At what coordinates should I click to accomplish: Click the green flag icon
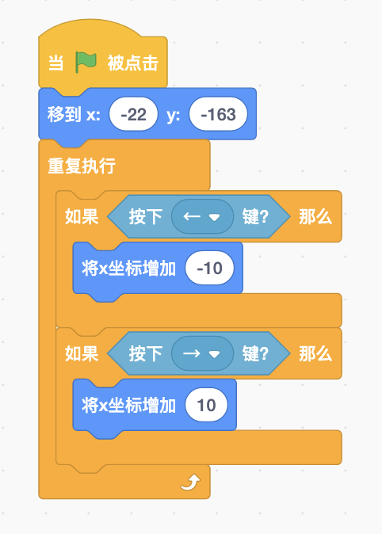pos(86,63)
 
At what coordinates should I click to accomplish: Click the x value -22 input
pos(134,114)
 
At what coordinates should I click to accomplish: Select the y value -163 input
pos(219,114)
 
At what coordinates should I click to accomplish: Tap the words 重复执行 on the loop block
pos(82,166)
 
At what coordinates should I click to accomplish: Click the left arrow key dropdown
pos(202,216)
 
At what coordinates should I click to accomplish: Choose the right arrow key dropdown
pos(202,353)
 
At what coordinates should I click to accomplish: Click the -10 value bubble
pos(209,268)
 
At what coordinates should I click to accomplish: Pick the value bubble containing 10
pos(206,405)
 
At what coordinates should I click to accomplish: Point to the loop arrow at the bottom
pos(190,483)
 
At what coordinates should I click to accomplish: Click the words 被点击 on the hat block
pos(133,63)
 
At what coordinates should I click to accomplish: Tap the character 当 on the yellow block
pos(55,63)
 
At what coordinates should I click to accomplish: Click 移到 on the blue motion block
pos(64,114)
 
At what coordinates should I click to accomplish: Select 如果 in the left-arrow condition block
pos(82,217)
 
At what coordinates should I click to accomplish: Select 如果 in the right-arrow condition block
pos(82,354)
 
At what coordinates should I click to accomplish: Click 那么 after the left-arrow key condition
pos(315,217)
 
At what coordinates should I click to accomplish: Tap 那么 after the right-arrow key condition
pos(315,354)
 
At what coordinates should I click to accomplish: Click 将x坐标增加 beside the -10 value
pos(129,269)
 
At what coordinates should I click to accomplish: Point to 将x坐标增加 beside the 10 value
pos(129,406)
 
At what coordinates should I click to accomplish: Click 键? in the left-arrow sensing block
pos(255,217)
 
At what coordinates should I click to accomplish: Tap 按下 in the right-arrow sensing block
pos(146,354)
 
